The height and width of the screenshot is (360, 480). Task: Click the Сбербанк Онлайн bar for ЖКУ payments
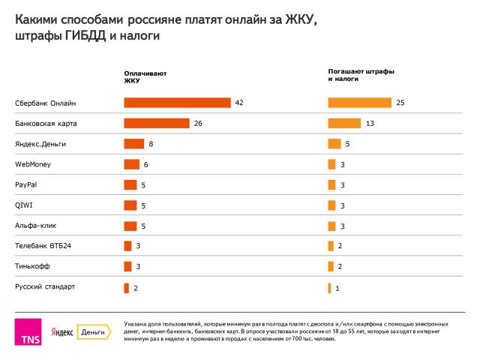[x=177, y=103]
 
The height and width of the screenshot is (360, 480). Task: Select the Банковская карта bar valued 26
[x=156, y=123]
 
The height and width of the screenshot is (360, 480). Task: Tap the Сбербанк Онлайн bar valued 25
[x=360, y=103]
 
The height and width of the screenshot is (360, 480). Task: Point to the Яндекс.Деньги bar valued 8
[x=134, y=143]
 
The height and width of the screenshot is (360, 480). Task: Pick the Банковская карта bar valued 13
[x=345, y=123]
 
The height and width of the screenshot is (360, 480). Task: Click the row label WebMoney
[x=33, y=164]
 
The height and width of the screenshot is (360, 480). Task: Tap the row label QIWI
[x=24, y=205]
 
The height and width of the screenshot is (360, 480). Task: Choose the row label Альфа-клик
[x=36, y=225]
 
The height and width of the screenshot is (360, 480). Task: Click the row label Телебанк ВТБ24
[x=43, y=245]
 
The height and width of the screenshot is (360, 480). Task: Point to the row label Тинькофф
[x=31, y=265]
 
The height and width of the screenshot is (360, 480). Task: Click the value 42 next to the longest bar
[x=239, y=103]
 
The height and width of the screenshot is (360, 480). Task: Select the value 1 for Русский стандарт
[x=338, y=288]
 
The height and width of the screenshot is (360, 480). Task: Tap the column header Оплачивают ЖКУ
[x=145, y=77]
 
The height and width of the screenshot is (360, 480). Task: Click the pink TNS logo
[x=29, y=331]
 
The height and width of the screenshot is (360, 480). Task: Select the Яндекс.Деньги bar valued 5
[x=334, y=143]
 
